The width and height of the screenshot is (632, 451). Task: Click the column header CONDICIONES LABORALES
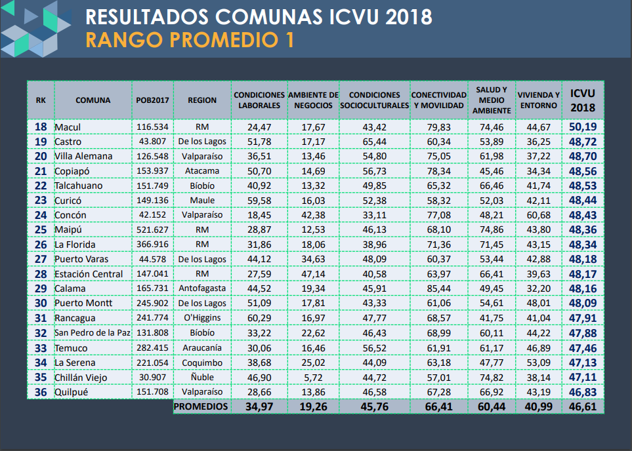coord(259,100)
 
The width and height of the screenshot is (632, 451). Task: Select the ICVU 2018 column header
coord(583,100)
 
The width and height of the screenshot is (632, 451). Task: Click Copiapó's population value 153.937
coord(153,171)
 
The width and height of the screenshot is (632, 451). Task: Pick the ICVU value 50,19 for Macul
coord(583,127)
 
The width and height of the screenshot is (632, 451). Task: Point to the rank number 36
coord(41,392)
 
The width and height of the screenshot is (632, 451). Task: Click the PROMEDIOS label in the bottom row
coord(202,407)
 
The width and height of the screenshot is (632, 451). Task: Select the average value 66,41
coord(438,407)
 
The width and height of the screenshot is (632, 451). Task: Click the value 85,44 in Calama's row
coord(438,288)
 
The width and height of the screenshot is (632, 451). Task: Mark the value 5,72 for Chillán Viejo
coord(314,377)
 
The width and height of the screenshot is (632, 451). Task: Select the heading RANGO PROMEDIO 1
coord(190,40)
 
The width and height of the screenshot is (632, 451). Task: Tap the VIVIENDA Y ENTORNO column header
coord(538,100)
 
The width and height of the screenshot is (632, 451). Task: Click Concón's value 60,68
coord(538,215)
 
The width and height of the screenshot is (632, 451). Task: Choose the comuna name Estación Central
coord(89,274)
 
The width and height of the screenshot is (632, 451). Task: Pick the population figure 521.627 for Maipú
coord(153,230)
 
